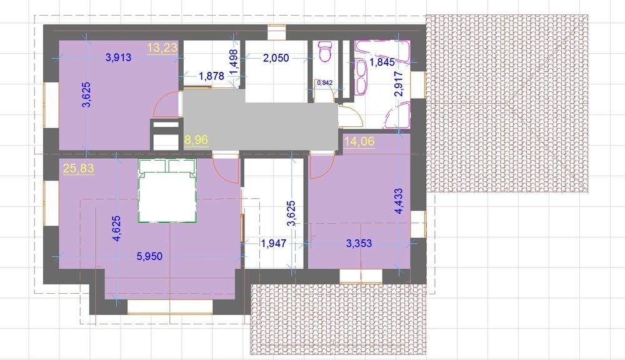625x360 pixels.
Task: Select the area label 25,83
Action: [79, 168]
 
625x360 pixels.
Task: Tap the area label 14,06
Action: [359, 142]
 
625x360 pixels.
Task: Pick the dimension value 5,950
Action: [149, 256]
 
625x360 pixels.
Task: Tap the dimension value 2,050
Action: [276, 58]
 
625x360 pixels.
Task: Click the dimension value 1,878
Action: [211, 76]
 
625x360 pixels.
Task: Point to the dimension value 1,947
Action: [273, 244]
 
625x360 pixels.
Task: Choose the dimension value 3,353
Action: [359, 244]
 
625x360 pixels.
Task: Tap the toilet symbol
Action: [325, 52]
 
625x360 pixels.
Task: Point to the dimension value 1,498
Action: [234, 62]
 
